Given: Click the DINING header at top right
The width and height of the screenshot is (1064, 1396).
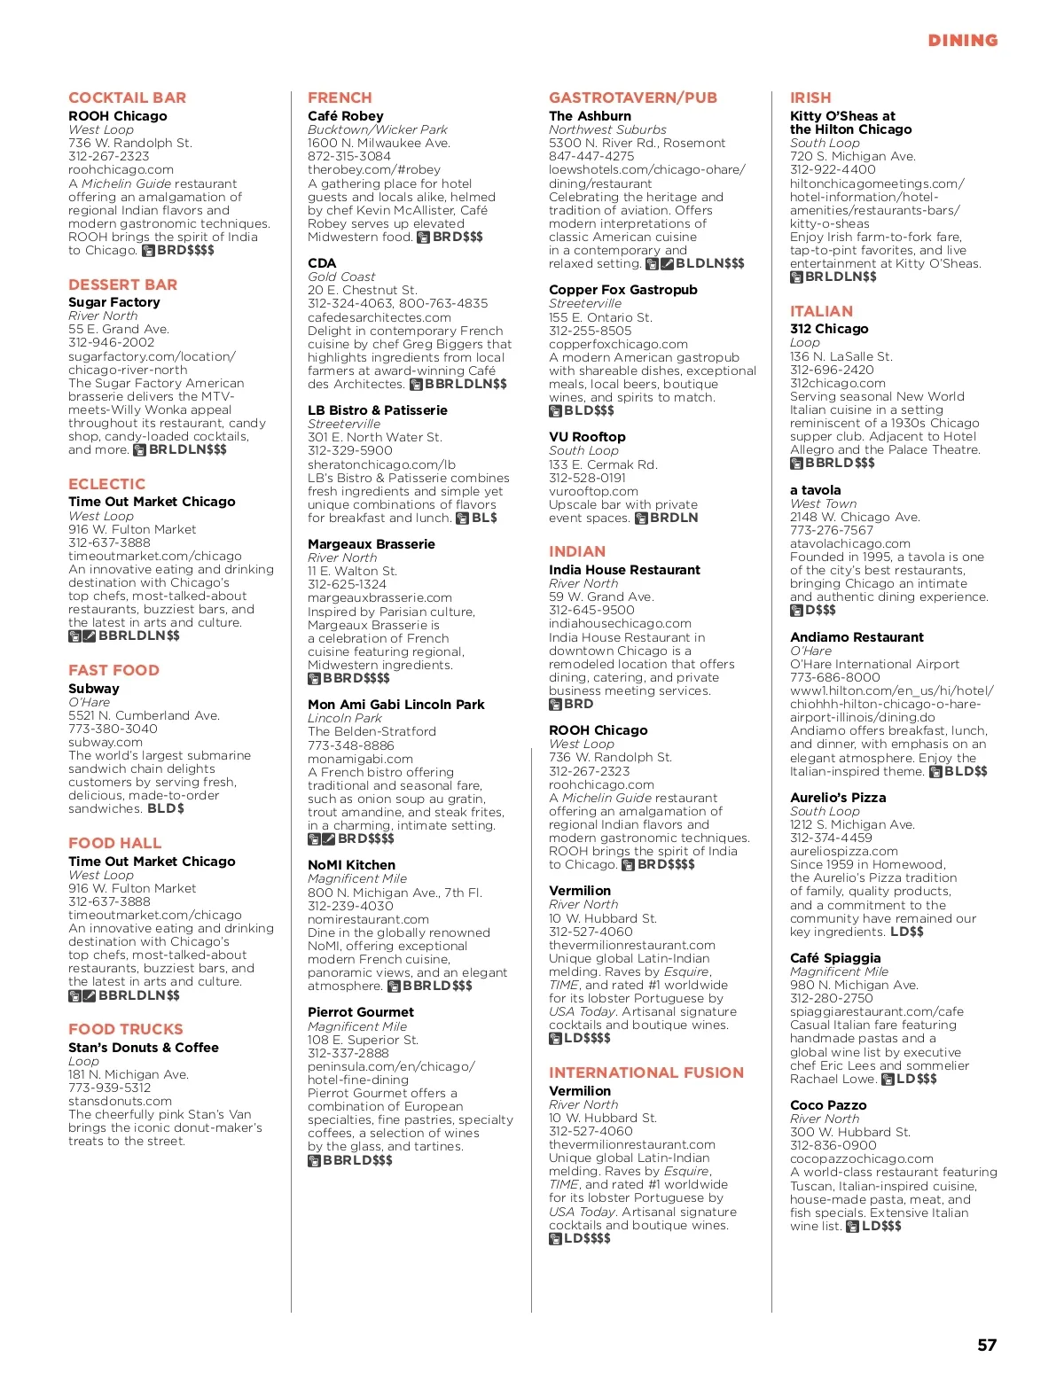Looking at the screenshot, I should [962, 41].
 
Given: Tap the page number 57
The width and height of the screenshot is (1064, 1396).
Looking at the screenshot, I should [987, 1345].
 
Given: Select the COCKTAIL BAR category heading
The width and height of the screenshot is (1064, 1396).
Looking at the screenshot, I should [127, 97].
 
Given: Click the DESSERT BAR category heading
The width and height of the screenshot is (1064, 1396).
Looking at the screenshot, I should [122, 285].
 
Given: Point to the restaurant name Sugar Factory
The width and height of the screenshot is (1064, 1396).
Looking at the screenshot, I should [114, 302].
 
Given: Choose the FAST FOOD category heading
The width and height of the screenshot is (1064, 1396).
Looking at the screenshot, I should [113, 670].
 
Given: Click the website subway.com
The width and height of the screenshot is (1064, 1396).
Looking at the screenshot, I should [106, 742].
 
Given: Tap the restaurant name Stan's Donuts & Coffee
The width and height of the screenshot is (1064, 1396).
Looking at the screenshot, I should [144, 1048].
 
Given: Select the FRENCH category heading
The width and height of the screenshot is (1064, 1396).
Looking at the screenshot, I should [340, 97].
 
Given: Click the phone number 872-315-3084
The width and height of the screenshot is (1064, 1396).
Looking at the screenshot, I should [349, 156].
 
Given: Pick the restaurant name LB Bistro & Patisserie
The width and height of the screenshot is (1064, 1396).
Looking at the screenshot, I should [378, 410].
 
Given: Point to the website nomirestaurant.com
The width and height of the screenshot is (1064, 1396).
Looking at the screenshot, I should [368, 919].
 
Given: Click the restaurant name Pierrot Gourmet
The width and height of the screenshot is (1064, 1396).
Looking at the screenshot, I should [361, 1012].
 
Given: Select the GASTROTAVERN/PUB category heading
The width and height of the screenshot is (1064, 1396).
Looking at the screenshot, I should [633, 97].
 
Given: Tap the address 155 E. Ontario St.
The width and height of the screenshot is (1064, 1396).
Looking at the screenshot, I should [600, 317].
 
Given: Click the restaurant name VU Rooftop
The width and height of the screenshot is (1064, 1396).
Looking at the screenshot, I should [587, 437].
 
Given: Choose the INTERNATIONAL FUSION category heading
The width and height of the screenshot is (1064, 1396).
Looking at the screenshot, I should [646, 1072].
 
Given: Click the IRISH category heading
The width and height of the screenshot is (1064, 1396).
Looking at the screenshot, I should [810, 97].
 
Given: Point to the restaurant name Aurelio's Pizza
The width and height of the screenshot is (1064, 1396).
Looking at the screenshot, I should [838, 798].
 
